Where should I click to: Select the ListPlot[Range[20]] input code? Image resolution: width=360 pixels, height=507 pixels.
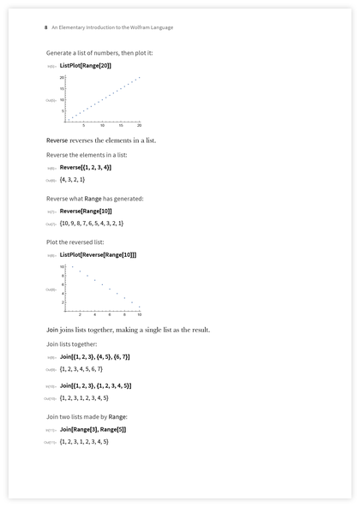(x=86, y=65)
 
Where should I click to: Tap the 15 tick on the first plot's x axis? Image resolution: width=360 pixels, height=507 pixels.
(x=120, y=125)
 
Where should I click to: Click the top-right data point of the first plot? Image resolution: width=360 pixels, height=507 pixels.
(x=139, y=78)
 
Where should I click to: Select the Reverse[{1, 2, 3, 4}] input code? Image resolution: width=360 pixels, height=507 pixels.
(x=85, y=167)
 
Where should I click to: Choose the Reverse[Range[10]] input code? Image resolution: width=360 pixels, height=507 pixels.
(x=86, y=211)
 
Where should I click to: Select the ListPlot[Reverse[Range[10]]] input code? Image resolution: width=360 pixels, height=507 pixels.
(x=98, y=254)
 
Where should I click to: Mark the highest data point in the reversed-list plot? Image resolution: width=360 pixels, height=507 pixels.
(x=72, y=267)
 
